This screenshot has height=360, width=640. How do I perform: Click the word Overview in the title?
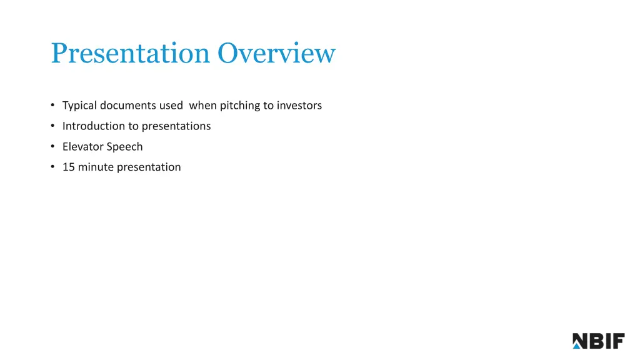coord(276,54)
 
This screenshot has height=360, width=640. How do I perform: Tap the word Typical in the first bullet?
coord(79,106)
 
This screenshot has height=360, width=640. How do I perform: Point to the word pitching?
coord(239,106)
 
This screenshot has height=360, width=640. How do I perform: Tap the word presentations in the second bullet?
coord(176,126)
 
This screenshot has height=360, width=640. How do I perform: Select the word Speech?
coord(125,147)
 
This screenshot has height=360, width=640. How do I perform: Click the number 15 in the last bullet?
coord(68,167)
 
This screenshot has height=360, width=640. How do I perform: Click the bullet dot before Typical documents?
coord(53,106)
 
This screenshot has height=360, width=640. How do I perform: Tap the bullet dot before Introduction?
coord(53,126)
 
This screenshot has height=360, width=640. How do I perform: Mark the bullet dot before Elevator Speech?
coord(53,147)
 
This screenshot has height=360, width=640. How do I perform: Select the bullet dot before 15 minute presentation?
coord(53,167)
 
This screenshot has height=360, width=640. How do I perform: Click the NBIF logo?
coord(598,341)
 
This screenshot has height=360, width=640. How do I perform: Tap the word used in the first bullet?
coord(171,106)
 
